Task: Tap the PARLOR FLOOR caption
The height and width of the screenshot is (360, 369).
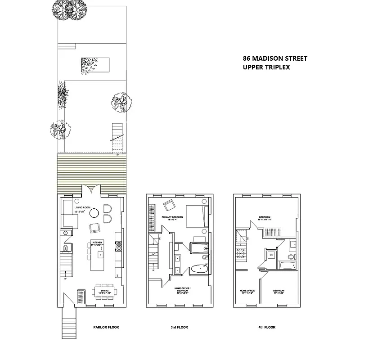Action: point(106,327)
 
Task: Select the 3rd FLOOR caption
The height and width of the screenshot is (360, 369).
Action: point(180,327)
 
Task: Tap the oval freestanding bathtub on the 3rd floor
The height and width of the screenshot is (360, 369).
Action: point(198,270)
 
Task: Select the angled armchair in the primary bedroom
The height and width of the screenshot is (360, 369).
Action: point(170,205)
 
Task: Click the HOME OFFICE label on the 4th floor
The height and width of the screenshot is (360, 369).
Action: point(247,291)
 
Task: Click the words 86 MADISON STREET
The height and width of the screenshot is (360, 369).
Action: point(275,58)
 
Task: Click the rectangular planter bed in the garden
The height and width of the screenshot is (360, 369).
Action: point(96,64)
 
